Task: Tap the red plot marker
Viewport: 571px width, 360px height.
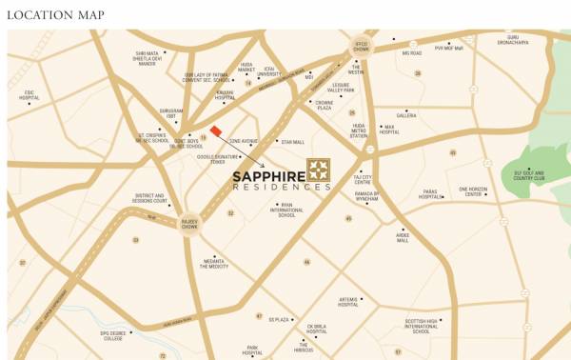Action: pos(216,131)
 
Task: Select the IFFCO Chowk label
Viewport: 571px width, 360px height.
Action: pos(361,46)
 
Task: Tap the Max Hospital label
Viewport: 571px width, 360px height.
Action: pos(388,130)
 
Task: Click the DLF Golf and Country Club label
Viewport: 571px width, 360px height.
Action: pos(530,175)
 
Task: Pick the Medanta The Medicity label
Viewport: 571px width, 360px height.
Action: pos(213,264)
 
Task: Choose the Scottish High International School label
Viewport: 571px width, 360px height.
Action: pos(422,326)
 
